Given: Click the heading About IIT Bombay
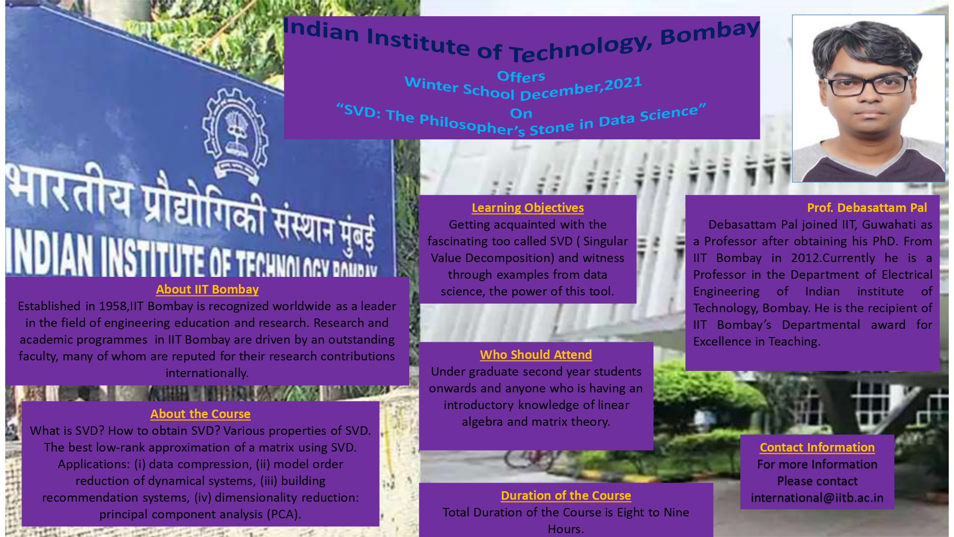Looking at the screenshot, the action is click(207, 289).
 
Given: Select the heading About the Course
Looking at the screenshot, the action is click(200, 414).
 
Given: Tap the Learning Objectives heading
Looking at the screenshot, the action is click(528, 208).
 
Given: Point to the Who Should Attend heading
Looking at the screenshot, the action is click(536, 355).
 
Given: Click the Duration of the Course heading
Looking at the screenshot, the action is click(566, 495).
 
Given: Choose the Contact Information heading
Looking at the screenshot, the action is click(817, 447).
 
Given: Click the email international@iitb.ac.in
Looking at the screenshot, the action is click(817, 497).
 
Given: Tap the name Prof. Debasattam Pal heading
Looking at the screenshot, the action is click(867, 208).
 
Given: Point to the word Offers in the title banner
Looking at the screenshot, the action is click(521, 76).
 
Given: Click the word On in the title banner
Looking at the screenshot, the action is click(521, 114).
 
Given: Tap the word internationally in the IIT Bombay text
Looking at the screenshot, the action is click(207, 373).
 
